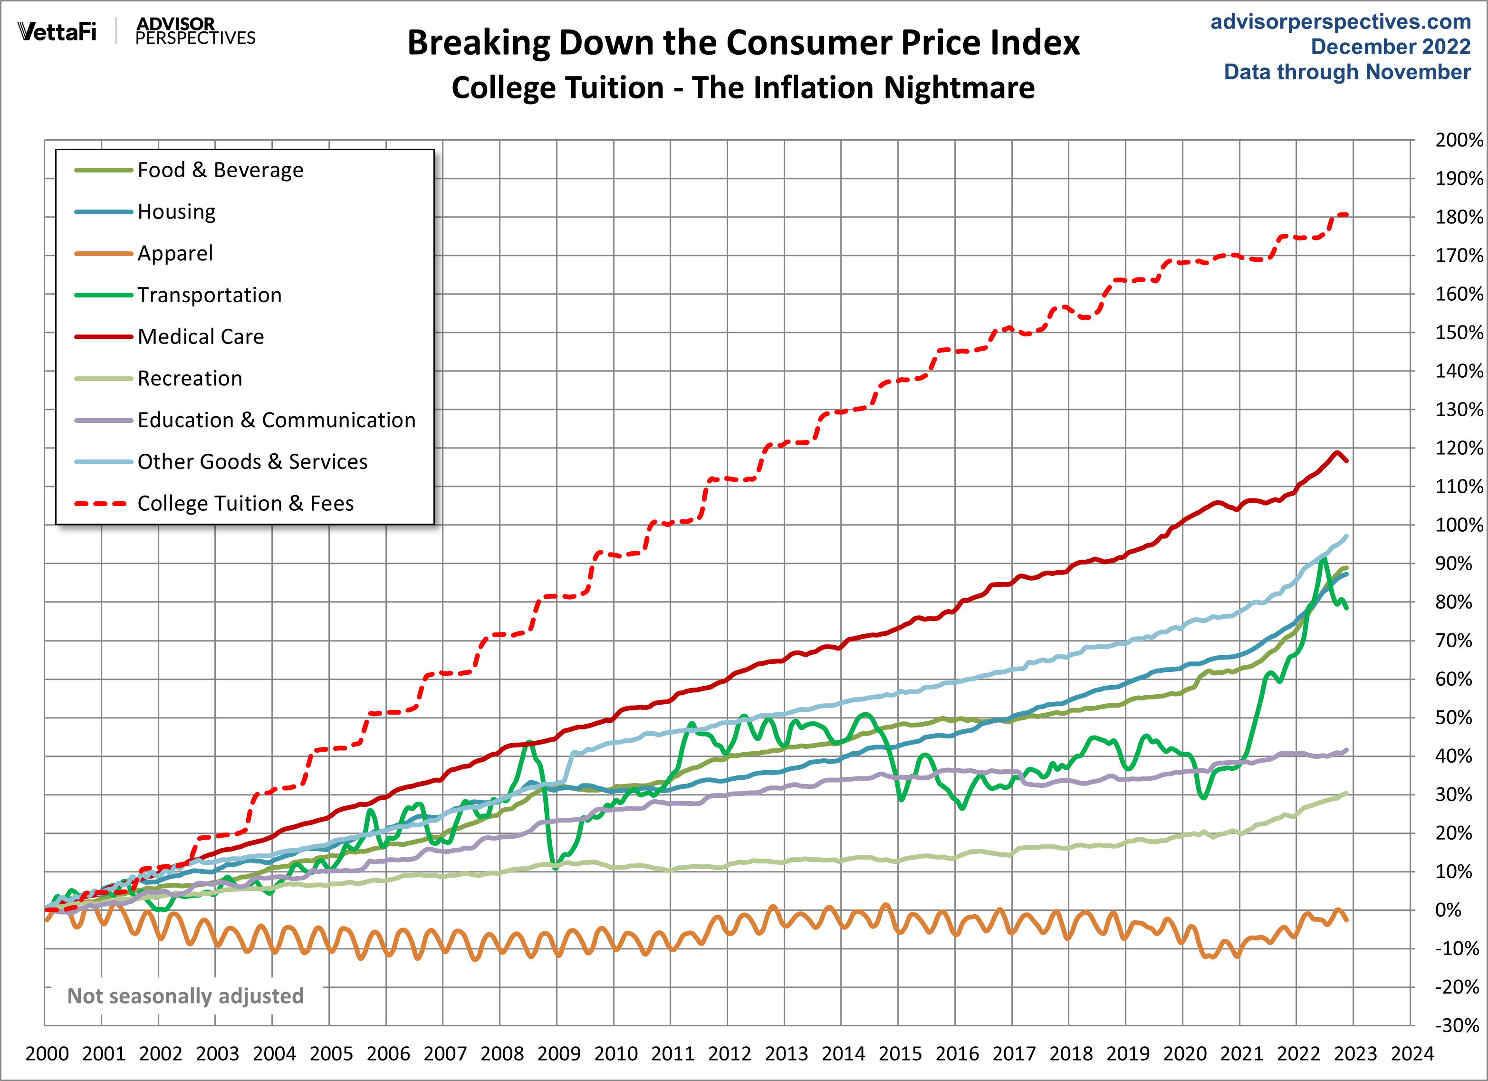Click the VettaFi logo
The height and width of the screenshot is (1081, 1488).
tap(57, 31)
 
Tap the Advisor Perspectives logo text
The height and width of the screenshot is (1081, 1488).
tap(195, 31)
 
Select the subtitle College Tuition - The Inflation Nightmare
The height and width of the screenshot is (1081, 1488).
tap(743, 88)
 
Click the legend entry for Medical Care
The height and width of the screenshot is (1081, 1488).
tap(200, 336)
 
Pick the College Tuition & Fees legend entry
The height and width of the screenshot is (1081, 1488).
tap(245, 503)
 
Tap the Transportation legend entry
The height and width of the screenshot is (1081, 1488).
tap(209, 295)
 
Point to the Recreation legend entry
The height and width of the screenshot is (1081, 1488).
tap(190, 379)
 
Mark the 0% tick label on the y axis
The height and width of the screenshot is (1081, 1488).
tap(1448, 910)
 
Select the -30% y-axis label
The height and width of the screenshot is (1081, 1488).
tap(1457, 1025)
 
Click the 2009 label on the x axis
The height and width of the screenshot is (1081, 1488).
tap(558, 1054)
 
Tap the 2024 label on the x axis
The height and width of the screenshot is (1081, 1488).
tap(1412, 1054)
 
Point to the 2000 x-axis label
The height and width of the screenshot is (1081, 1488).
tap(47, 1054)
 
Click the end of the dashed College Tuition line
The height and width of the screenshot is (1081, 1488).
tap(1345, 214)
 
